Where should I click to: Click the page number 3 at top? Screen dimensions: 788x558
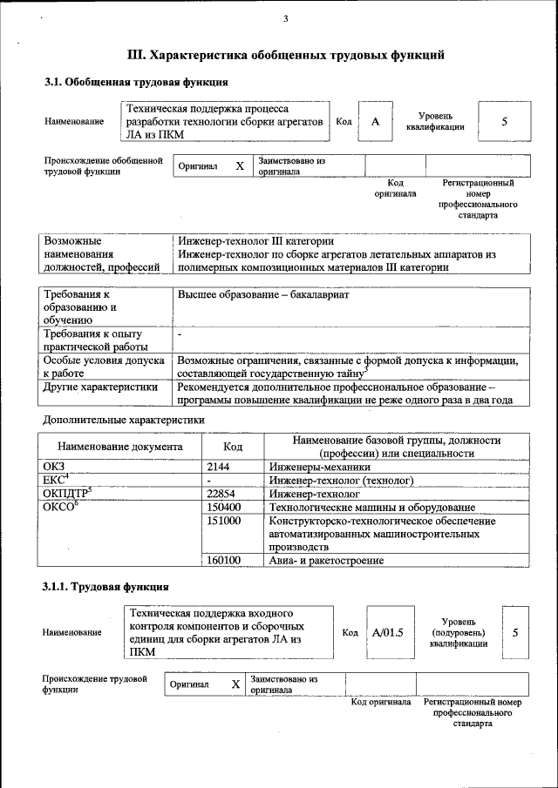pos(285,20)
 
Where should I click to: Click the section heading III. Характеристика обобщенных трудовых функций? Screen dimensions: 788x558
pos(287,55)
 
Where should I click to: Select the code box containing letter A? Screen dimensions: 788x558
pos(375,122)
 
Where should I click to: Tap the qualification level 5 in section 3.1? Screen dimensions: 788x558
pos(504,122)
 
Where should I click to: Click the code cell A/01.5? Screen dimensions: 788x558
pos(388,633)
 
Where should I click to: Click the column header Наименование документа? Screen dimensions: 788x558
pos(120,447)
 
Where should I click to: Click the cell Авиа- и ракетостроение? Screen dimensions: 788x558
pos(326,561)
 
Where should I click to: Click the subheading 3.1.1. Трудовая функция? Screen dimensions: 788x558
pos(105,587)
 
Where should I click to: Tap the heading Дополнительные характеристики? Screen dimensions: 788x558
pos(124,420)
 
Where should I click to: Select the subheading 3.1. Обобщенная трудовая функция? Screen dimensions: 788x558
pos(136,83)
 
